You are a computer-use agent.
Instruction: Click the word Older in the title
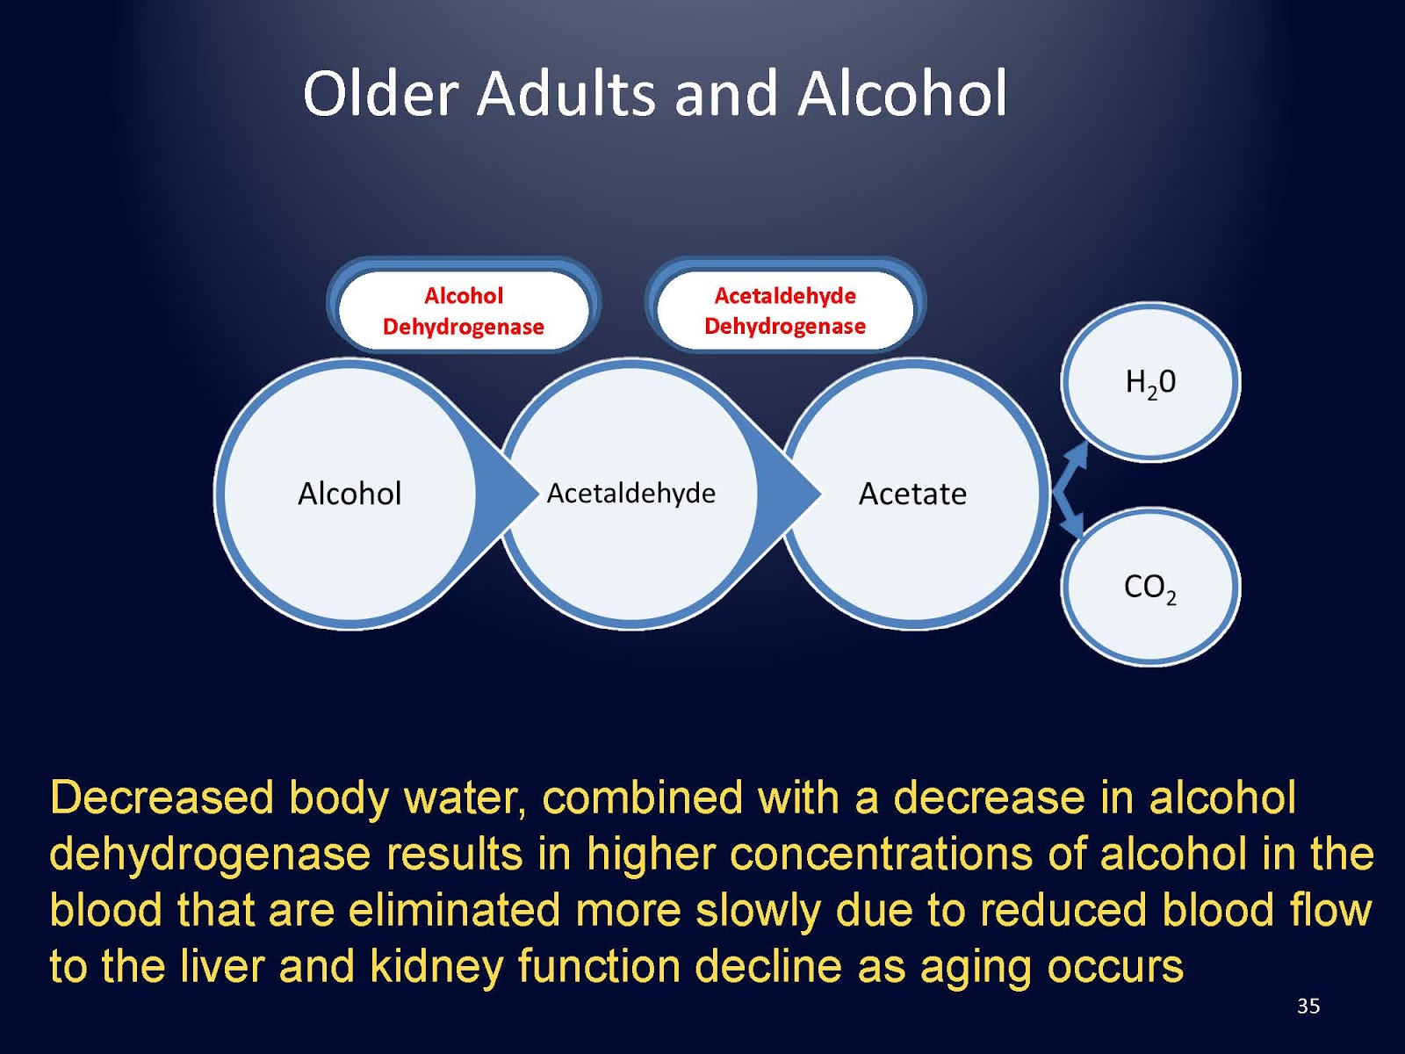[380, 94]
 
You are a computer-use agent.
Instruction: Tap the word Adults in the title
[566, 94]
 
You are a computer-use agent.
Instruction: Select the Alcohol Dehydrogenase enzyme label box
[464, 311]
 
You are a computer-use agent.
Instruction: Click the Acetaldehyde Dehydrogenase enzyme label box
[785, 311]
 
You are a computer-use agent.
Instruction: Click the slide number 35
[1308, 1006]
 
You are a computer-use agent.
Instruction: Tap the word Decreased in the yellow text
[162, 798]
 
